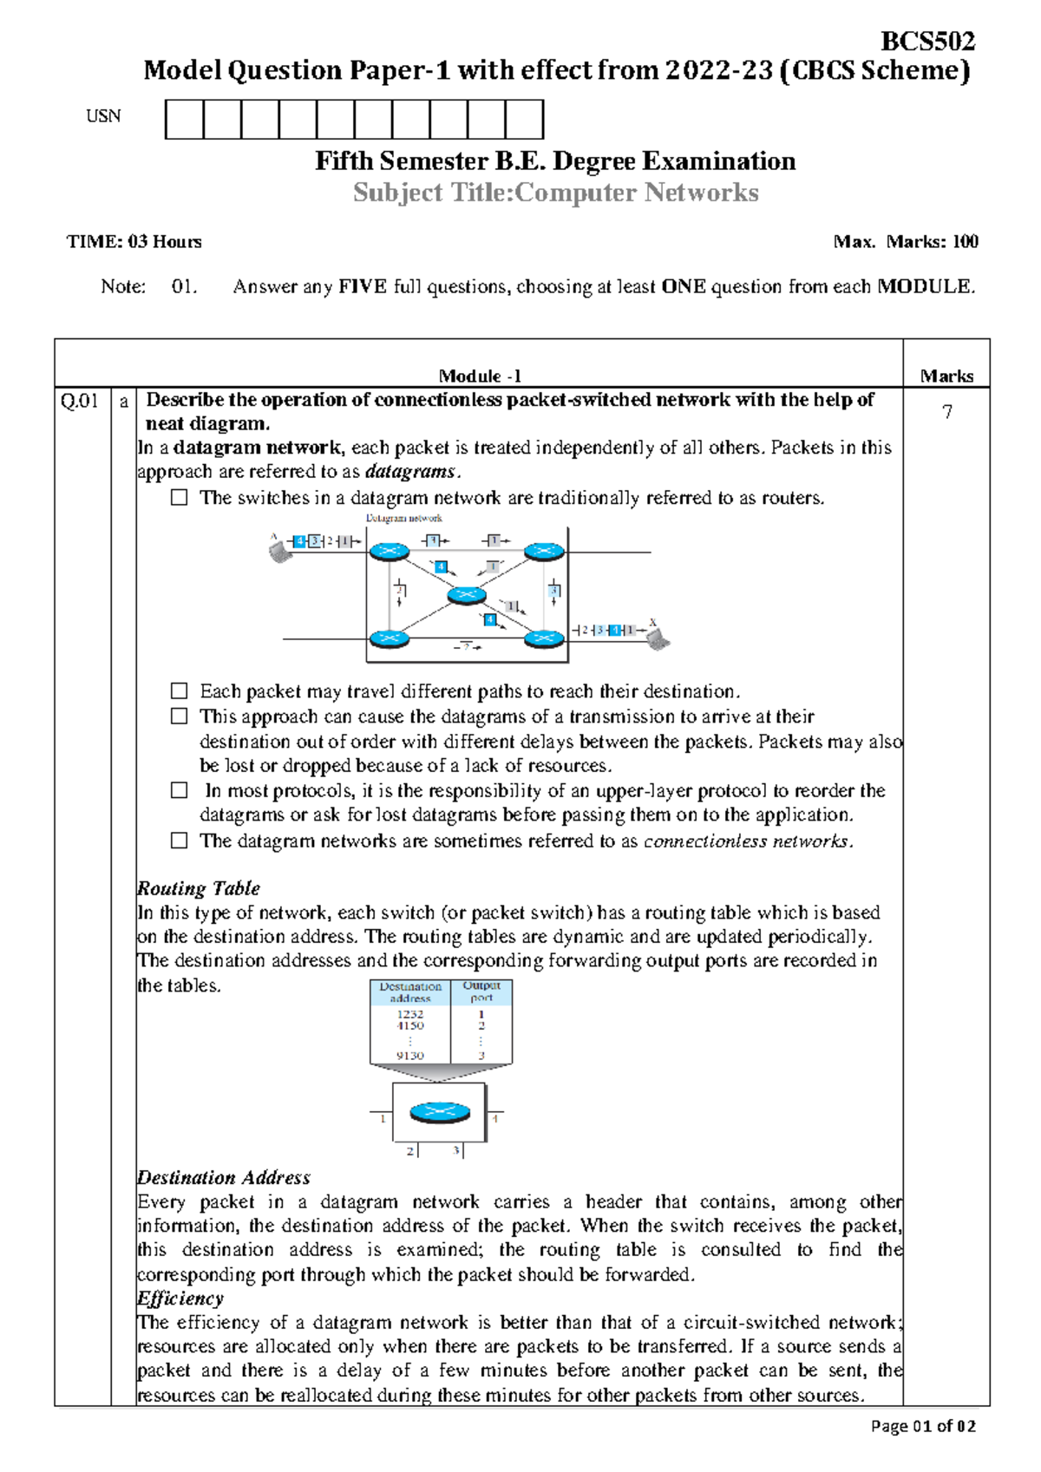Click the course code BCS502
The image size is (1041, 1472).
point(927,41)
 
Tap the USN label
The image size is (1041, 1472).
point(103,116)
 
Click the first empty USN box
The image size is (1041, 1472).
point(184,120)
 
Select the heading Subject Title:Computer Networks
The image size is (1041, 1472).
point(555,193)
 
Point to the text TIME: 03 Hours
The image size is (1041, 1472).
point(134,242)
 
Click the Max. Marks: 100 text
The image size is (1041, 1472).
point(906,242)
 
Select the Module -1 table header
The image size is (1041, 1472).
point(479,376)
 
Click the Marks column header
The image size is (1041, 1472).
point(946,376)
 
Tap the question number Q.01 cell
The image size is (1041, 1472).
point(80,401)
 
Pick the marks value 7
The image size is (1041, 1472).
point(947,412)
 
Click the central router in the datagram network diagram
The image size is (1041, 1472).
point(467,594)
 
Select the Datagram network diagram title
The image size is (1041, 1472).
point(404,518)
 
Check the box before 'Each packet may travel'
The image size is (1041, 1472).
point(180,691)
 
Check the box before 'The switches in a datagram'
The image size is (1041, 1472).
point(180,498)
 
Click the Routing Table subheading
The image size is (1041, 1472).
point(199,888)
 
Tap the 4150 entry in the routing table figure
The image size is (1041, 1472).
point(409,1025)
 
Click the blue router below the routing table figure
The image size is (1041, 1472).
point(440,1112)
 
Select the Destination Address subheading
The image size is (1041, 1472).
point(224,1177)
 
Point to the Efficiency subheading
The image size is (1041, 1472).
point(180,1299)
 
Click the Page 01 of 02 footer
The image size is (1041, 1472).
point(923,1426)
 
